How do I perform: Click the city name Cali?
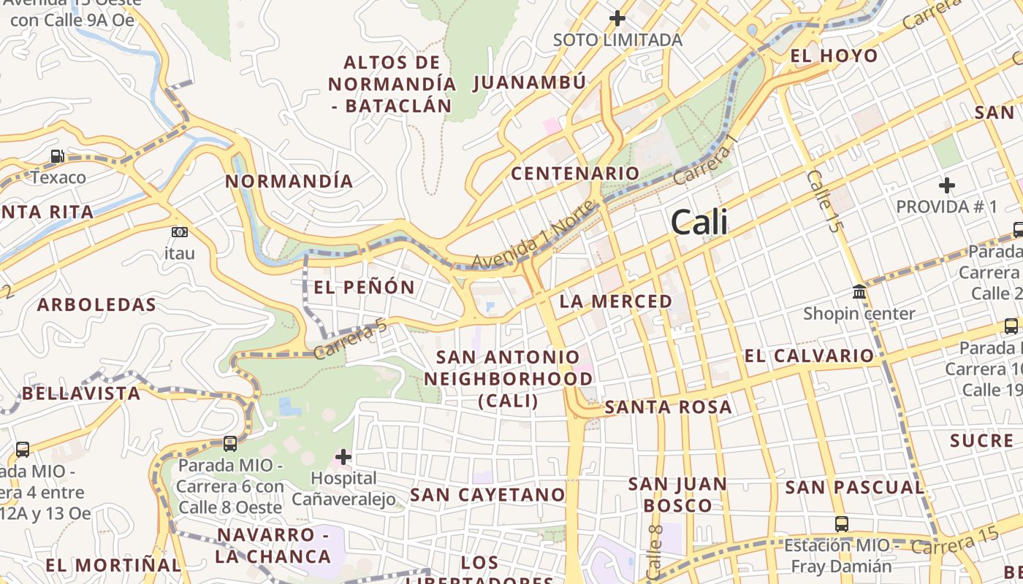tap(699, 222)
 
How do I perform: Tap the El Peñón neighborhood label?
tap(364, 288)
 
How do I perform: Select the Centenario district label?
tap(575, 174)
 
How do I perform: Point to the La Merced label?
tap(615, 301)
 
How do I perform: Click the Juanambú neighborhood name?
tap(530, 82)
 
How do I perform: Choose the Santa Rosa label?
tap(668, 407)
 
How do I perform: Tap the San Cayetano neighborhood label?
tap(487, 495)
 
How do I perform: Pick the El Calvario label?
tap(808, 356)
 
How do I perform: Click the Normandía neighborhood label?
tap(289, 181)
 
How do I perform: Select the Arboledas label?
tap(96, 305)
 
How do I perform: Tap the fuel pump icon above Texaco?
tap(57, 156)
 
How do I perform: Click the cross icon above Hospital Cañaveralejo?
tap(343, 458)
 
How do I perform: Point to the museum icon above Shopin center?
tap(859, 293)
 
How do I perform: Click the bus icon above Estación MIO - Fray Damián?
tap(842, 523)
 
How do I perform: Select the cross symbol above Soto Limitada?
tap(617, 18)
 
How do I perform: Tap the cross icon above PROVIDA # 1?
tap(947, 185)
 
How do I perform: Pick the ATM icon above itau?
tap(179, 232)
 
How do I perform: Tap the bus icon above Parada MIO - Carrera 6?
tap(229, 443)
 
